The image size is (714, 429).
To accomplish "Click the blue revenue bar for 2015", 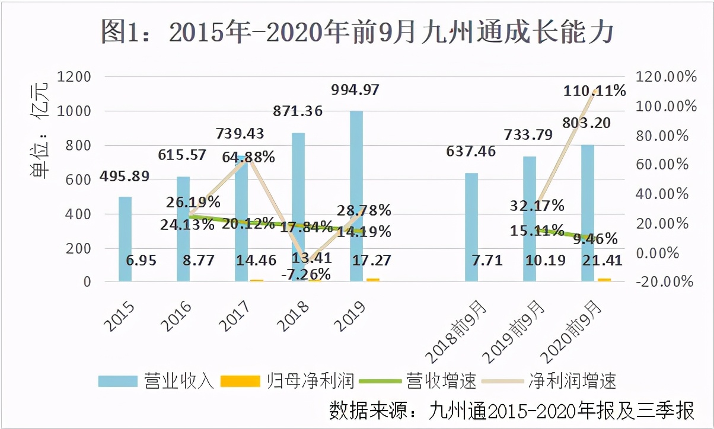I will (x=125, y=239).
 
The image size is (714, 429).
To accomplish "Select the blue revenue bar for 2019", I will (x=356, y=196).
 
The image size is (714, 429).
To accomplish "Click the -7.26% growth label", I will (x=307, y=274).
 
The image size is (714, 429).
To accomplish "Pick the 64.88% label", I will (x=248, y=157).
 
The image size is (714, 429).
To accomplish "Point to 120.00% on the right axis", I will (x=665, y=77).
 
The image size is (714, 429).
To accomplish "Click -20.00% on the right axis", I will (x=665, y=281).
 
